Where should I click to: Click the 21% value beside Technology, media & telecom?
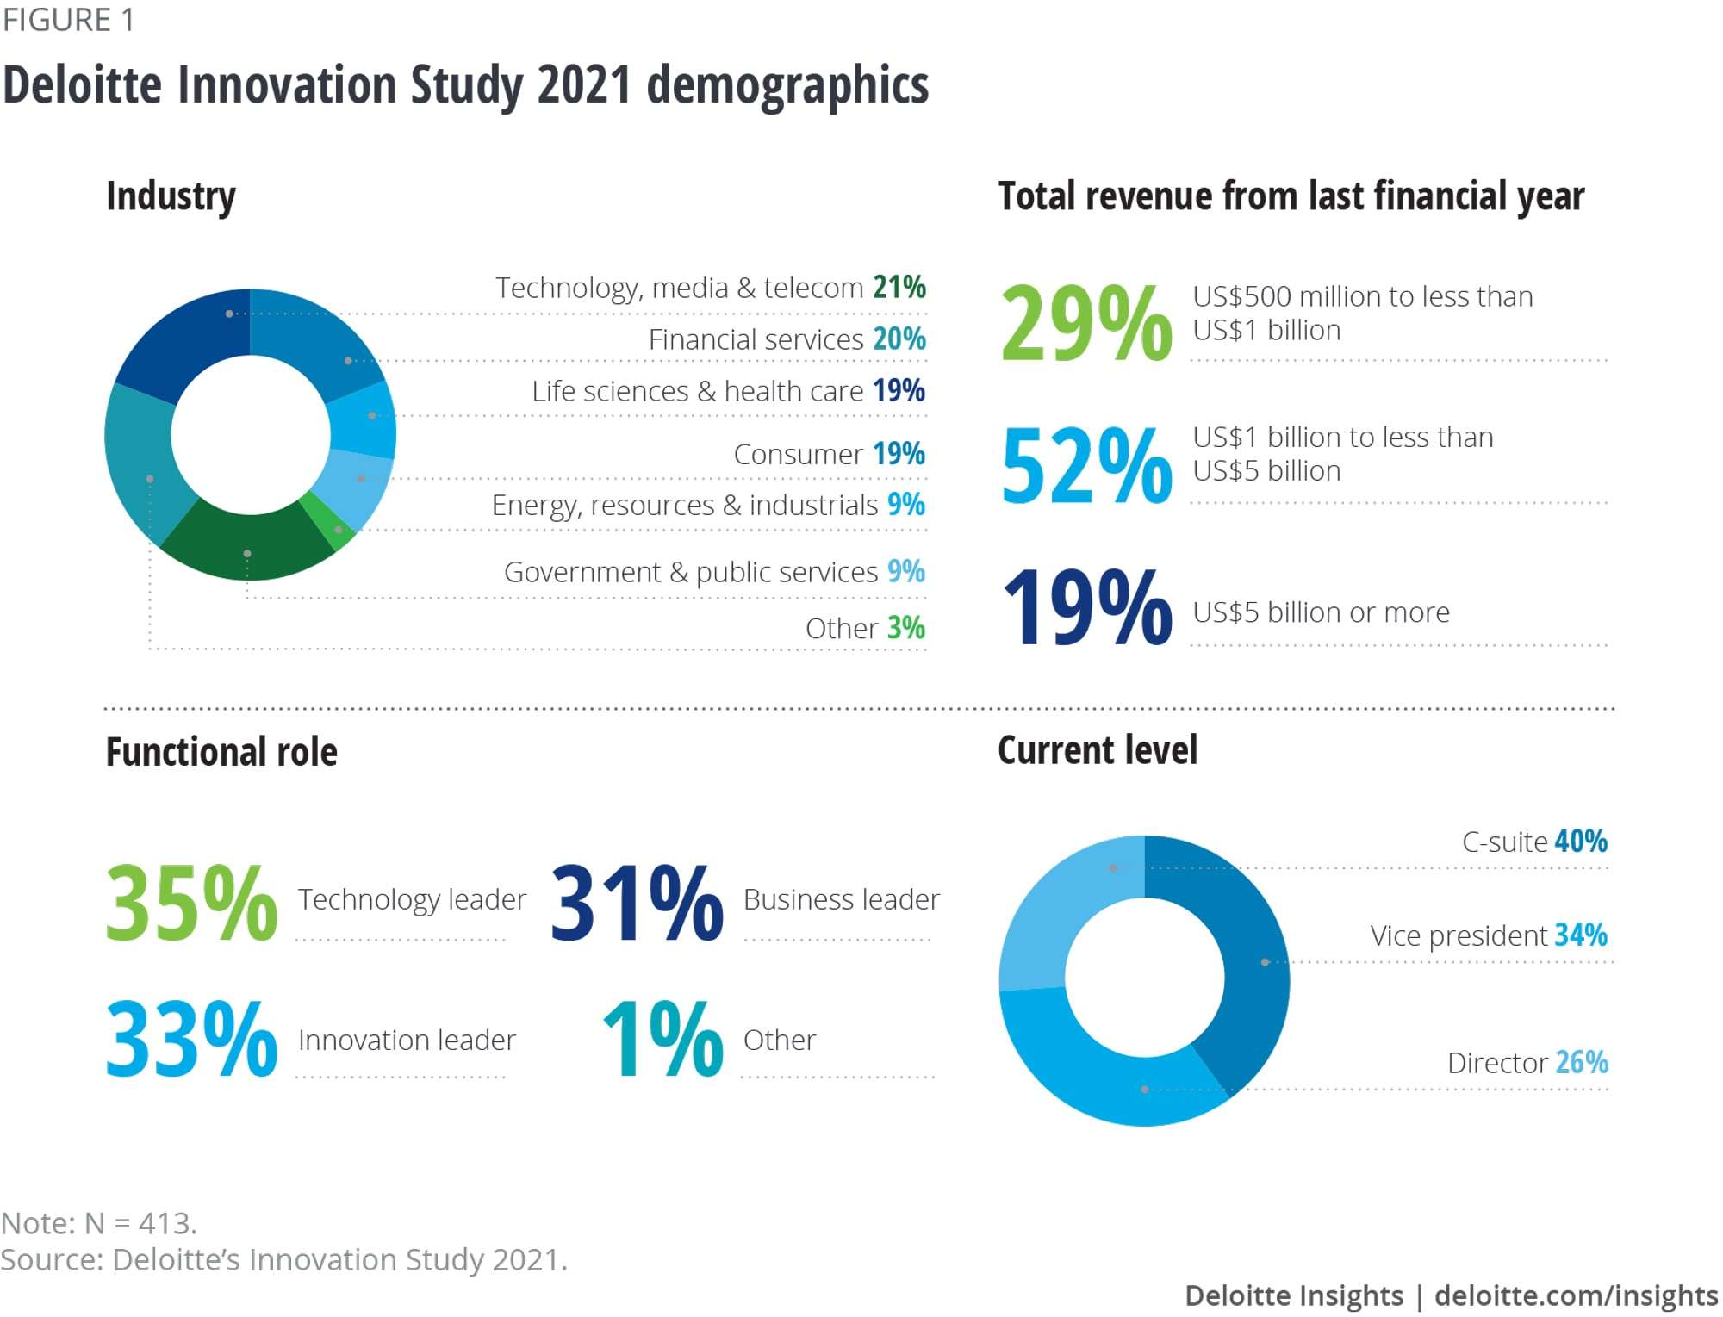[x=899, y=287]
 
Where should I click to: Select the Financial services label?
[x=756, y=339]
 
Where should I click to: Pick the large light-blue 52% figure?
[x=1085, y=466]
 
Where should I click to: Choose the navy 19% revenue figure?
[x=1085, y=607]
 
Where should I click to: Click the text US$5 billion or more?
[x=1321, y=612]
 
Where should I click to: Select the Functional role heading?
[x=221, y=752]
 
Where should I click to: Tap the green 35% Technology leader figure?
[x=191, y=903]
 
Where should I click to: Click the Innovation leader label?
[x=407, y=1041]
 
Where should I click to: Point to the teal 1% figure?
[x=662, y=1041]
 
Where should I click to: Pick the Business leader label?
[x=841, y=899]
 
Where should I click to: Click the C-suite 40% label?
[x=1534, y=842]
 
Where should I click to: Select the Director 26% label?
[x=1527, y=1063]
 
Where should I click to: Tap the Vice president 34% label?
[x=1489, y=935]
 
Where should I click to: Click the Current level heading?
[x=1097, y=750]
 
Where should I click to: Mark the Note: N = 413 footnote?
[x=99, y=1223]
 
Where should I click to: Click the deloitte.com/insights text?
[x=1576, y=1295]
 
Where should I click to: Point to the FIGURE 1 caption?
[x=69, y=20]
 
